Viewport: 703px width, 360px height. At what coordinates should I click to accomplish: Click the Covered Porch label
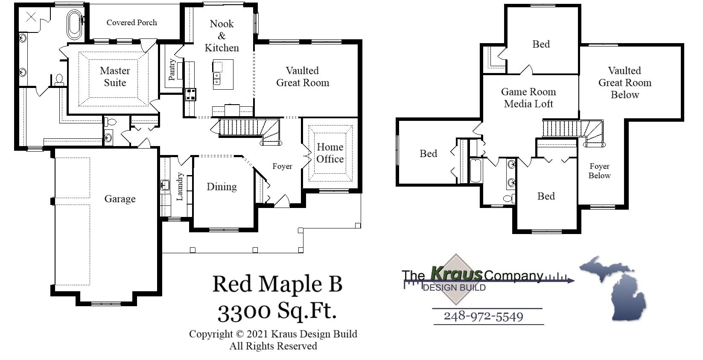point(131,23)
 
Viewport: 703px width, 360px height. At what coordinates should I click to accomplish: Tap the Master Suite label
point(115,77)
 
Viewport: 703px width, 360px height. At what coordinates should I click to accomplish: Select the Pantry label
point(172,70)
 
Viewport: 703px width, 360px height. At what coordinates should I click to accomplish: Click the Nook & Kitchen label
point(222,36)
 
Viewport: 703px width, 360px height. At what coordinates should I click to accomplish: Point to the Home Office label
point(330,153)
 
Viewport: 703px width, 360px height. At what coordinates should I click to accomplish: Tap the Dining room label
point(222,187)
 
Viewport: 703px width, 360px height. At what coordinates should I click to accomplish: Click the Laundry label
point(180,187)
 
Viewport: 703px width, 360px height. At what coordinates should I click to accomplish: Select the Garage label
point(120,199)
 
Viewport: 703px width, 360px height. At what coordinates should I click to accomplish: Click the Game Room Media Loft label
point(528,98)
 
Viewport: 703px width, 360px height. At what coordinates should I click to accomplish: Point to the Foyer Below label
point(599,171)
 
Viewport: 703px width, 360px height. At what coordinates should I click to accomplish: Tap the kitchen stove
point(190,94)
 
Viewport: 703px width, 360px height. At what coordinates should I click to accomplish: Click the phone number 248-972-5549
point(483,316)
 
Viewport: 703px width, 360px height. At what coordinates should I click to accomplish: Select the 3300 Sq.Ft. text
point(277,311)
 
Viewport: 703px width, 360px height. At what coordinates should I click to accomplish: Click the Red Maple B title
point(277,284)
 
